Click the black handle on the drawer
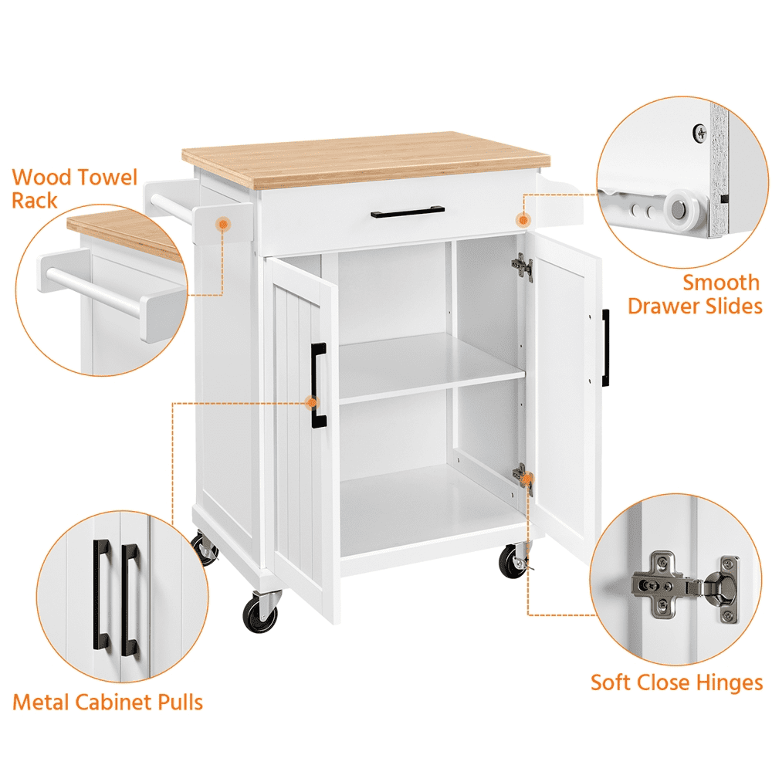click(x=407, y=212)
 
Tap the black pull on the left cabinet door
click(x=318, y=384)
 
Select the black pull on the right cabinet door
click(x=606, y=347)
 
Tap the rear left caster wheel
click(x=205, y=549)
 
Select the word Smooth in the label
click(x=721, y=282)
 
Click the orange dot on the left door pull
click(x=312, y=402)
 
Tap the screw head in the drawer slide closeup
click(x=699, y=132)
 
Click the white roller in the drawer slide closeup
click(x=679, y=208)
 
